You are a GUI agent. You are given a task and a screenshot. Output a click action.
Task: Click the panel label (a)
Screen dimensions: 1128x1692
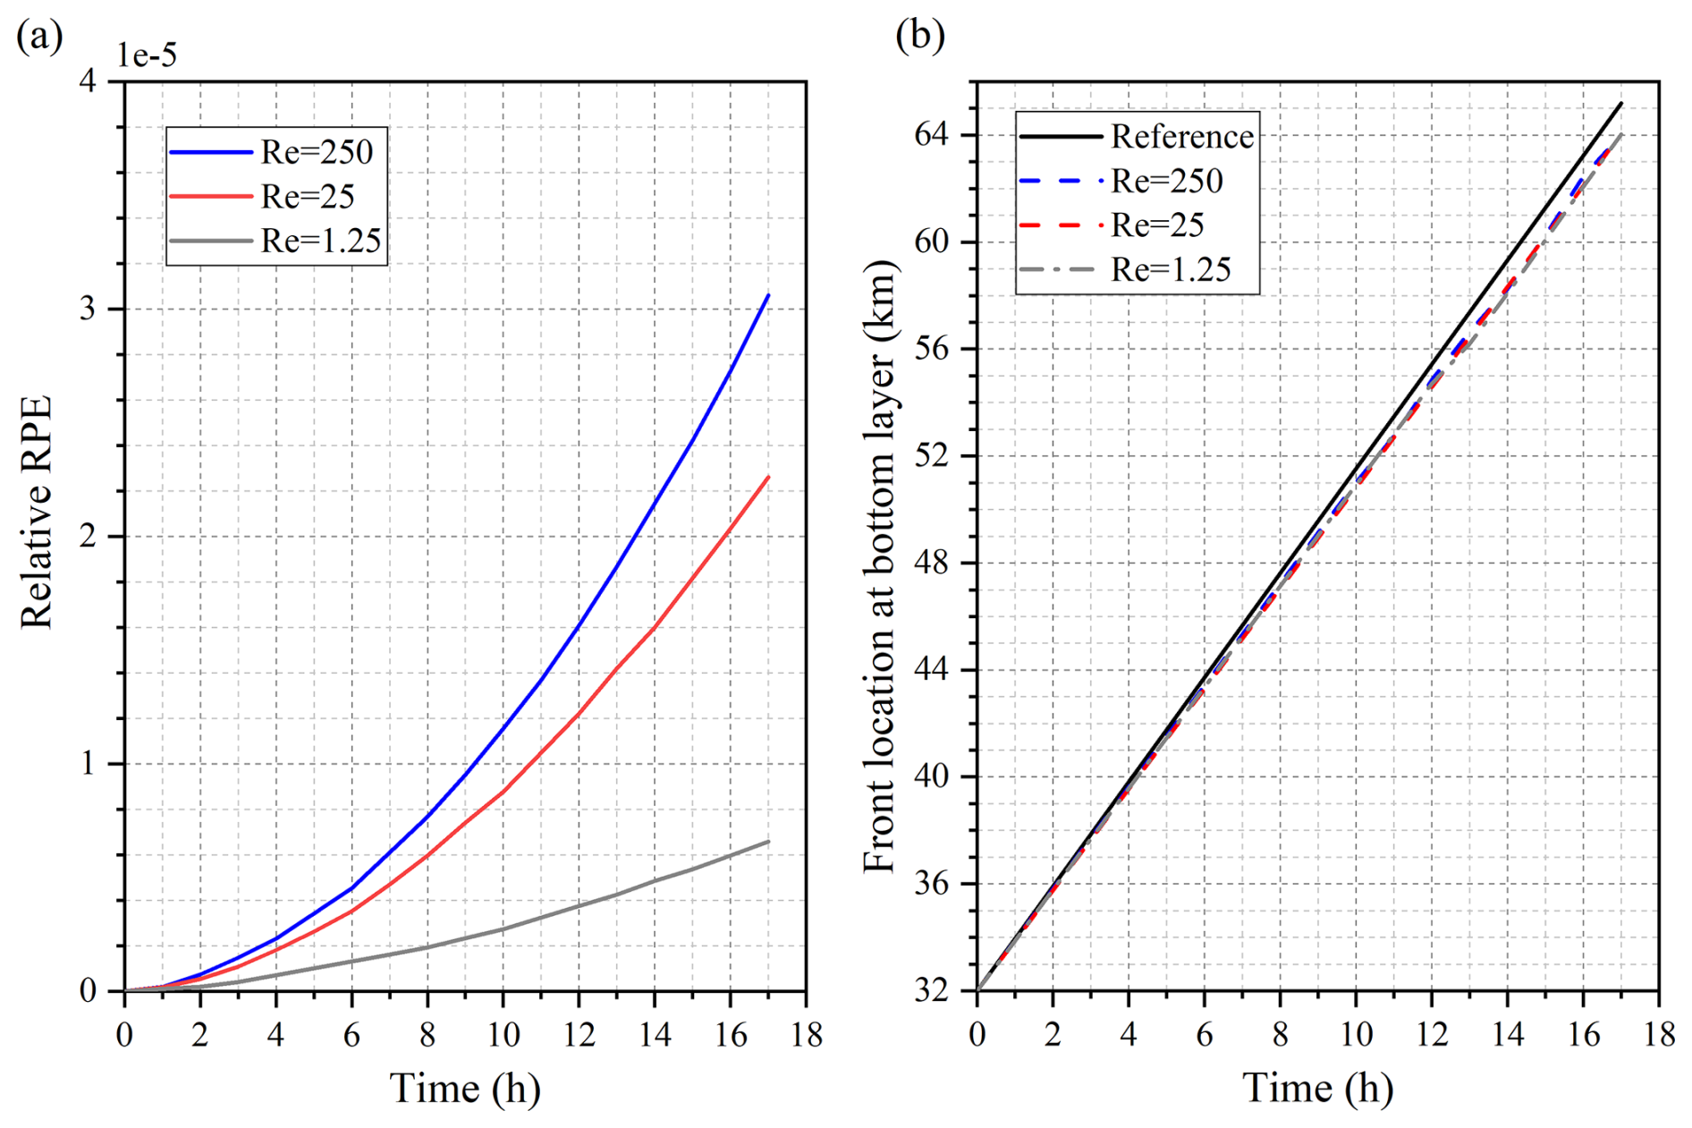coord(39,36)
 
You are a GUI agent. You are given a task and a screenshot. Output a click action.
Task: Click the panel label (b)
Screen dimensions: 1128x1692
coord(919,36)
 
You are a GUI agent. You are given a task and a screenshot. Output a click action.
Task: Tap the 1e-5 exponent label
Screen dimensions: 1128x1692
coord(148,55)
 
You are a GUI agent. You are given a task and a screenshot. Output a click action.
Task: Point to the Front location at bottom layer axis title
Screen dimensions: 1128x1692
coord(879,566)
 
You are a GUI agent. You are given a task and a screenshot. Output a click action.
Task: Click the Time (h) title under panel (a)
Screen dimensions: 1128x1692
coord(465,1089)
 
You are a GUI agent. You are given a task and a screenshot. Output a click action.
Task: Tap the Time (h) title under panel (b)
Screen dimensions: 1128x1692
coord(1317,1089)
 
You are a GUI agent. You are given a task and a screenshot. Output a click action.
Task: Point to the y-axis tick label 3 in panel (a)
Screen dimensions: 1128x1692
coord(88,310)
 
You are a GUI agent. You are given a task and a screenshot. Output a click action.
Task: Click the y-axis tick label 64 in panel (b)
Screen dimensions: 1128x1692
coord(933,135)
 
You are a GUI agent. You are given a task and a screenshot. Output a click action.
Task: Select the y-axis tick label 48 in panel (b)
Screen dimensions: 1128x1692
coord(933,563)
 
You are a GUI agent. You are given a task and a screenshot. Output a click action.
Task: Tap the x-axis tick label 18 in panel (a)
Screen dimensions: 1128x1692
coord(806,1036)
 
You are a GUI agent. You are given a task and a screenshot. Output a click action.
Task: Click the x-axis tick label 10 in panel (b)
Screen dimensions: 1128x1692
coord(1356,1036)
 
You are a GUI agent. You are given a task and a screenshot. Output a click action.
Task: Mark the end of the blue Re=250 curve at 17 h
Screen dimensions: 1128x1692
coord(768,295)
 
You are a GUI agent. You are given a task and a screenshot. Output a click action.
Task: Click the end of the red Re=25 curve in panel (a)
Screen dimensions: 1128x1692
coord(768,477)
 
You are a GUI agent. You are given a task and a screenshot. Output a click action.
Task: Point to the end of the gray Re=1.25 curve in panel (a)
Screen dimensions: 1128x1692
coord(768,841)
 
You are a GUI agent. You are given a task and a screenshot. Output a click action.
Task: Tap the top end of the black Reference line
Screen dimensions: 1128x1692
coord(1621,104)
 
